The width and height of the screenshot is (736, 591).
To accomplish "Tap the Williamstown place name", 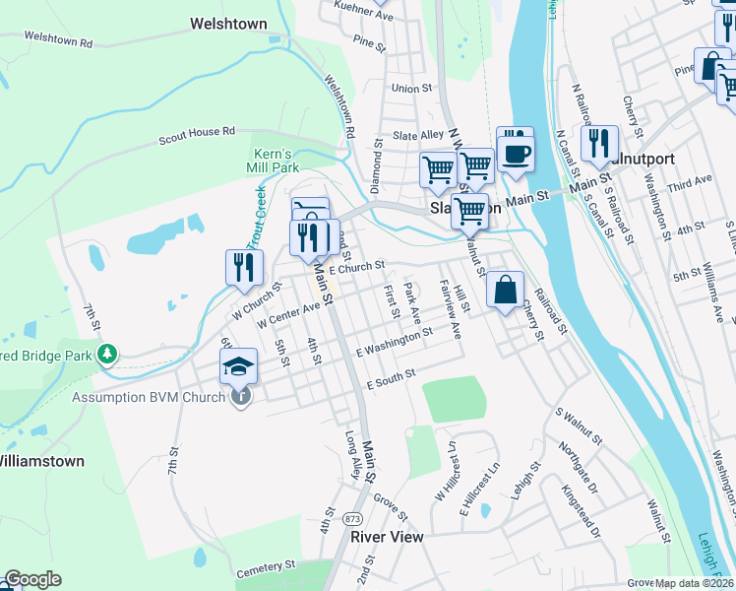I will pos(39,460).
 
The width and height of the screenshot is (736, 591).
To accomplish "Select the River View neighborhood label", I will pos(387,537).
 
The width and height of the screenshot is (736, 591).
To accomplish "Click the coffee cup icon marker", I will pos(516,152).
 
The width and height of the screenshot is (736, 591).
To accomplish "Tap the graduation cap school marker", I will pos(238,368).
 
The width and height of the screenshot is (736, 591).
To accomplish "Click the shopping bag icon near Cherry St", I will pos(505,291).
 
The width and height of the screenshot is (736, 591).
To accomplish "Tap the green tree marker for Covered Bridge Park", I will pos(108,353).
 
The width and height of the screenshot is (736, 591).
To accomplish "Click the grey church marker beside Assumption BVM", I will pos(241,396).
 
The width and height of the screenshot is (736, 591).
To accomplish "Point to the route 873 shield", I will pos(353,517).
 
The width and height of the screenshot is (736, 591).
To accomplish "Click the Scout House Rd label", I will pos(197,136).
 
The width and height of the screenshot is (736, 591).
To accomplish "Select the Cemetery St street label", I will pos(266,567).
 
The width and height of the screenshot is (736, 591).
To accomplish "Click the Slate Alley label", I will pos(418,136).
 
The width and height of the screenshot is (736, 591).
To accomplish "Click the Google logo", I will pos(32,579).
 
